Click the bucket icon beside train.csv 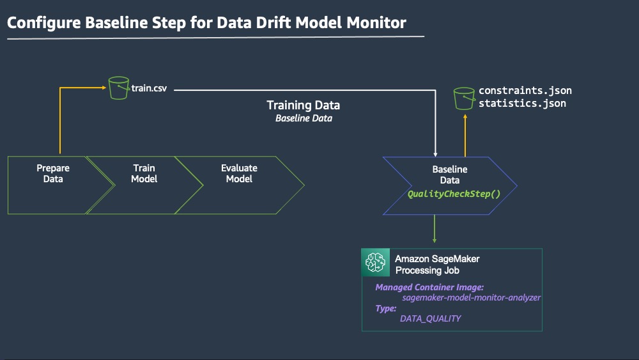tap(119, 88)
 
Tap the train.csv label tap(149, 88)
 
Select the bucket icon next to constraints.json tap(464, 98)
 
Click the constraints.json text tap(525, 91)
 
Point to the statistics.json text tap(522, 103)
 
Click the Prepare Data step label tap(53, 173)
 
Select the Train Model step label tap(144, 173)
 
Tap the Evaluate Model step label tap(239, 173)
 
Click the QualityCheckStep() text tap(454, 194)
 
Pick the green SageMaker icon tap(375, 262)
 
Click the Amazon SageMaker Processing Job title tap(437, 264)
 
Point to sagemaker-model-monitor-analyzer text tap(471, 297)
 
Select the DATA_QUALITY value tap(430, 318)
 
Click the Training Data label tap(303, 106)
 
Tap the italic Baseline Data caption tap(304, 118)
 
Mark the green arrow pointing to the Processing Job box tap(435, 229)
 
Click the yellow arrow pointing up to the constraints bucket tap(465, 136)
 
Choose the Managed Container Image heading tap(429, 288)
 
